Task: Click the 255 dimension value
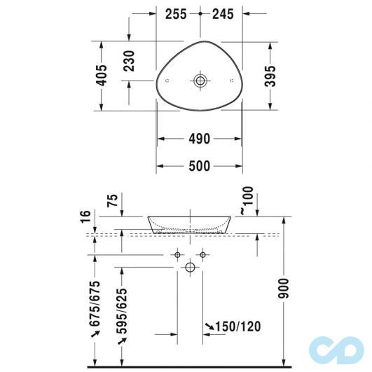178,13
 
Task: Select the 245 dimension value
223,13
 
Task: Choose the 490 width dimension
199,139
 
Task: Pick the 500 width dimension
199,166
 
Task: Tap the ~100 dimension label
241,200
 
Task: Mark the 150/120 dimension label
233,326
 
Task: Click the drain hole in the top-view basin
201,81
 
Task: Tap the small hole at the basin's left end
167,81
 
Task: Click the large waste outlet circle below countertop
190,267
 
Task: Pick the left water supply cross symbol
178,253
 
